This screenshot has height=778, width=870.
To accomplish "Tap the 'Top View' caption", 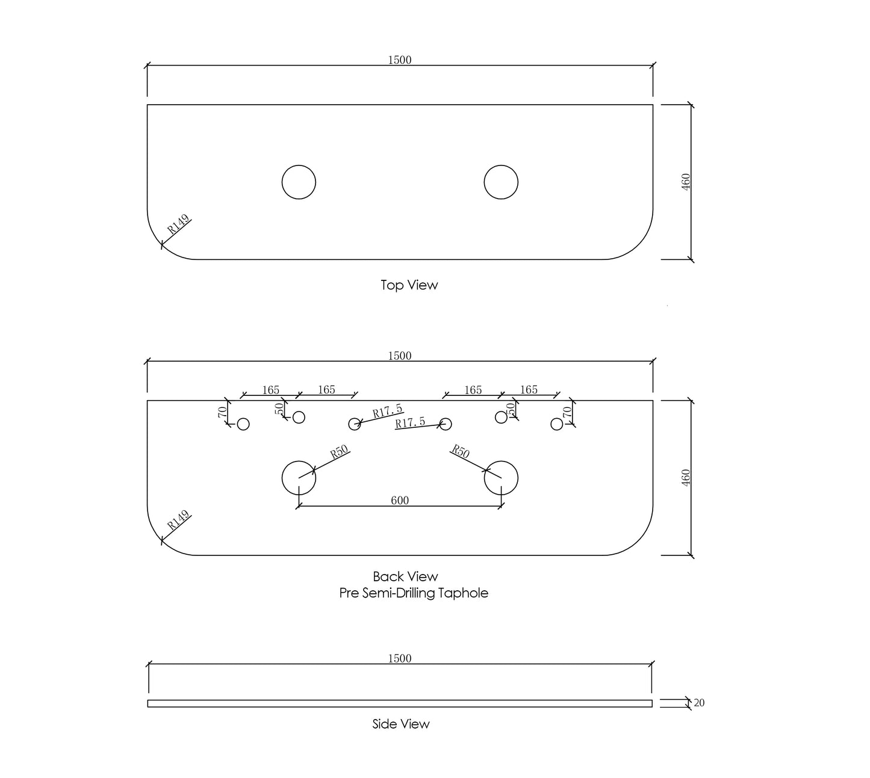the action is (409, 285).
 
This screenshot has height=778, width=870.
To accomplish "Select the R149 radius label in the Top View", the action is (178, 224).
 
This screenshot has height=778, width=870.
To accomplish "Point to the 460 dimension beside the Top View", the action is (686, 182).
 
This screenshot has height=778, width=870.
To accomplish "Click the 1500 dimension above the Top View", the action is (399, 60).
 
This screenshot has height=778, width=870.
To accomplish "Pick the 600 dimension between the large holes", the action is (399, 501).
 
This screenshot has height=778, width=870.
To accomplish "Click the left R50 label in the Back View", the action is (339, 452).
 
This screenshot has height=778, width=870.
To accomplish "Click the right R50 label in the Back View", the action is (460, 451).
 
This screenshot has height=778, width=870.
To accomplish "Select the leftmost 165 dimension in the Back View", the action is (270, 390).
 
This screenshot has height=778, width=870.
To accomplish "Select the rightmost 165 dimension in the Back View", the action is (529, 390).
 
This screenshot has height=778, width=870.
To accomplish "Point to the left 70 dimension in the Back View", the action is (222, 412).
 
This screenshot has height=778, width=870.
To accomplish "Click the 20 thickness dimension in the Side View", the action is (699, 703).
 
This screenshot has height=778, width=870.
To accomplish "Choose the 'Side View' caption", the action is (400, 724).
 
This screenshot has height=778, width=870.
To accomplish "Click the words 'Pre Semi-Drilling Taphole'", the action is (414, 593).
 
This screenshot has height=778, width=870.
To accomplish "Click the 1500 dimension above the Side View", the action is (399, 659).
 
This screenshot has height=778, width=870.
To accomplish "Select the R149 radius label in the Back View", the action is (178, 520).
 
